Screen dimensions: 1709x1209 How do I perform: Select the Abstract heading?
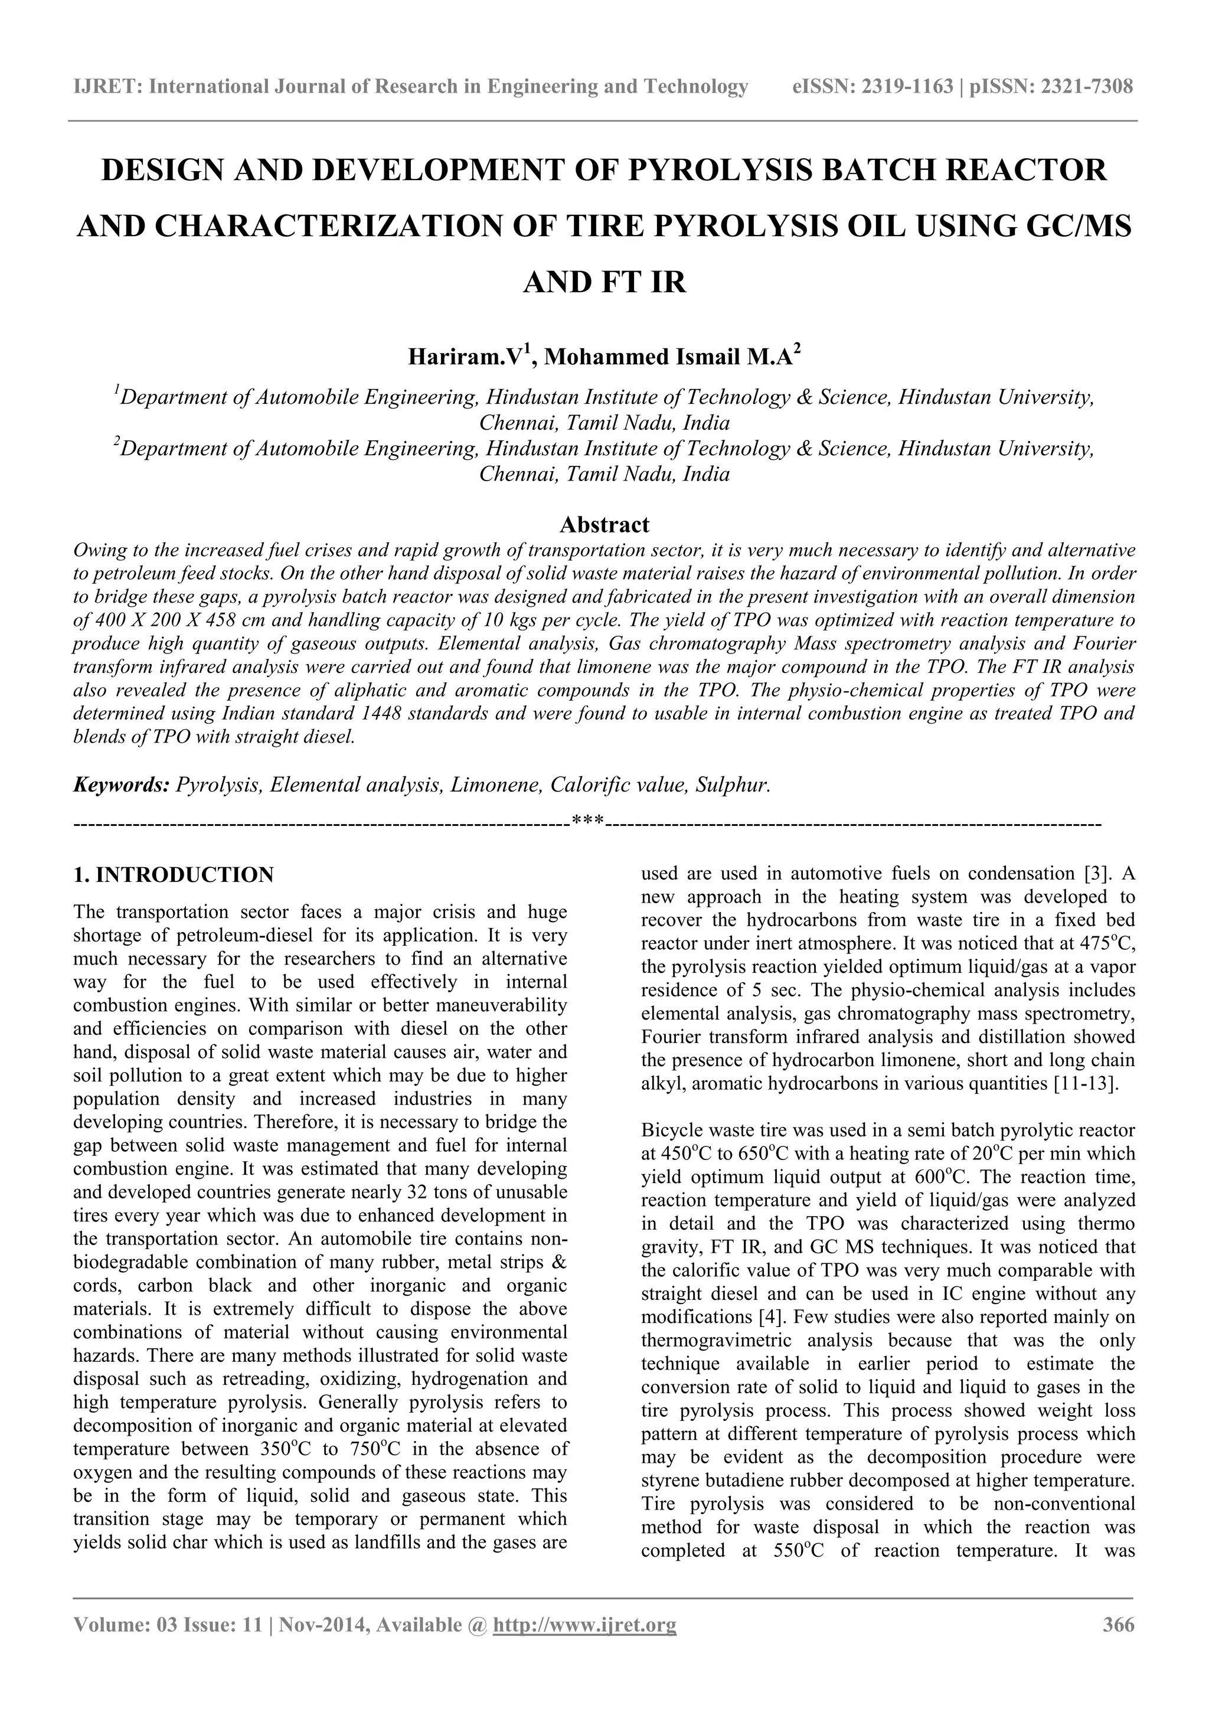pos(604,525)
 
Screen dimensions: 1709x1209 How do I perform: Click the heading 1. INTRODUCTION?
pos(174,875)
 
